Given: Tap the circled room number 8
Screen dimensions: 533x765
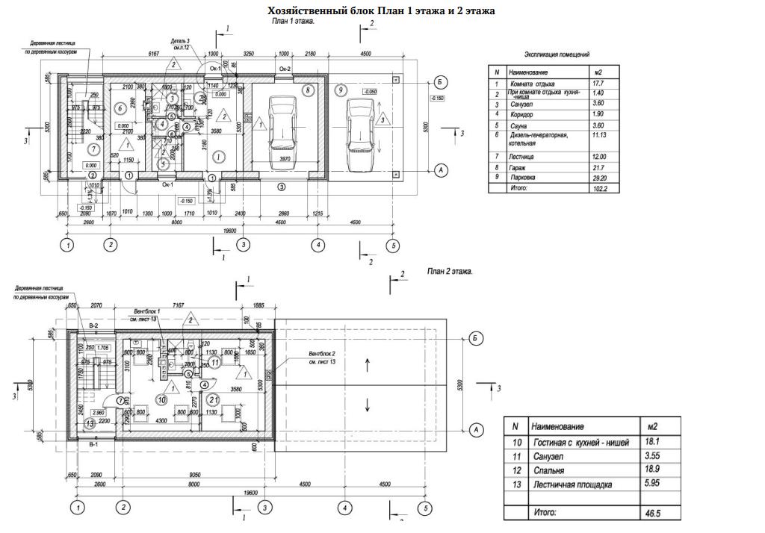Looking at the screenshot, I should [308, 90].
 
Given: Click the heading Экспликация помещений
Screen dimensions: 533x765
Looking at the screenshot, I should [557, 54].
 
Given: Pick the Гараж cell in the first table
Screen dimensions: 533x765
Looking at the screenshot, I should [516, 168].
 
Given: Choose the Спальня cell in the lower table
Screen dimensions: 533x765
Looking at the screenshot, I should [549, 470].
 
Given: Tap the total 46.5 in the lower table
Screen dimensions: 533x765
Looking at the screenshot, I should [652, 513].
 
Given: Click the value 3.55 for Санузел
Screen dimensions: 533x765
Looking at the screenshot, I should [652, 456].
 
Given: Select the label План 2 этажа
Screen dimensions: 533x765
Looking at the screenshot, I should [450, 272].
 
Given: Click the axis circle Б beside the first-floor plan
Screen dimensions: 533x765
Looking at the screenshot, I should [441, 81].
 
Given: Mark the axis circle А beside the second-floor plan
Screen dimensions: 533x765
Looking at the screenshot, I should [476, 429].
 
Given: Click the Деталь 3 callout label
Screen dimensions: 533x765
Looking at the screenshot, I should [180, 41].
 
